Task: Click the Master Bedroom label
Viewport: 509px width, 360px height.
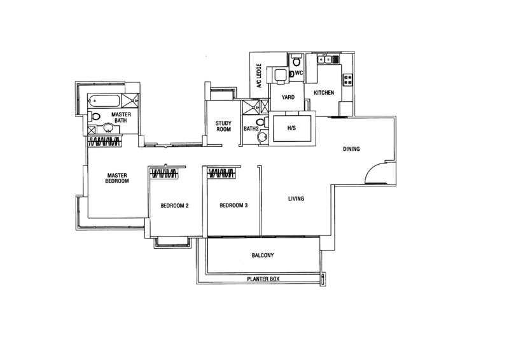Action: [x=118, y=177]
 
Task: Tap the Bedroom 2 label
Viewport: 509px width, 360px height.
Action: [x=174, y=206]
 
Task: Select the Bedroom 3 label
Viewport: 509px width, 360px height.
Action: [x=232, y=206]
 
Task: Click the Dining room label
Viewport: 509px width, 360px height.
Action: [x=351, y=150]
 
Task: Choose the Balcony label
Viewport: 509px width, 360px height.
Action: [x=262, y=256]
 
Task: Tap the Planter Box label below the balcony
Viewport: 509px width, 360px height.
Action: [x=262, y=279]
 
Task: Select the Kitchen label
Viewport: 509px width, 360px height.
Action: [x=323, y=93]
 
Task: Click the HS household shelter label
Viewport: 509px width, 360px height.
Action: [x=292, y=128]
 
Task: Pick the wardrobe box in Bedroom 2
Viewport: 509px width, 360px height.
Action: [x=165, y=172]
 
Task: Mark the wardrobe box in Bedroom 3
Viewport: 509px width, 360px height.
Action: [x=220, y=172]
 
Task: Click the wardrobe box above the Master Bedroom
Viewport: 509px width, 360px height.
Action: [x=105, y=140]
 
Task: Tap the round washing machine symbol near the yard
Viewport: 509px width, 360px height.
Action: [x=260, y=134]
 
